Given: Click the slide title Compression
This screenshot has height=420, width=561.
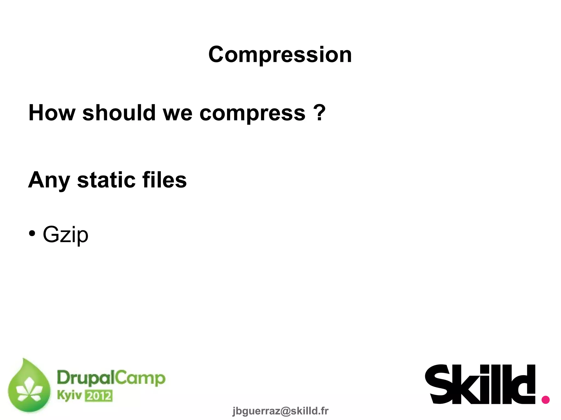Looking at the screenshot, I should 280,55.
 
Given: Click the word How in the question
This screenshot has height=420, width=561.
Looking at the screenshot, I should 52,113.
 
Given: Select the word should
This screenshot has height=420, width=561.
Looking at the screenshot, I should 119,113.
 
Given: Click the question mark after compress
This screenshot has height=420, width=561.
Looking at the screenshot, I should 319,112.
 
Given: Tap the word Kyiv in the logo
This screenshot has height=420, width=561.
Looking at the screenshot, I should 69,395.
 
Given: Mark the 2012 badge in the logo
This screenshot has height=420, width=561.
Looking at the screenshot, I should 99,396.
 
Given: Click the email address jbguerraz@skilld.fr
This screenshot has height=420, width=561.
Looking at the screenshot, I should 280,411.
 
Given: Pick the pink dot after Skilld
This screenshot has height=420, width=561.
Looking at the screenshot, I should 546,400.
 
